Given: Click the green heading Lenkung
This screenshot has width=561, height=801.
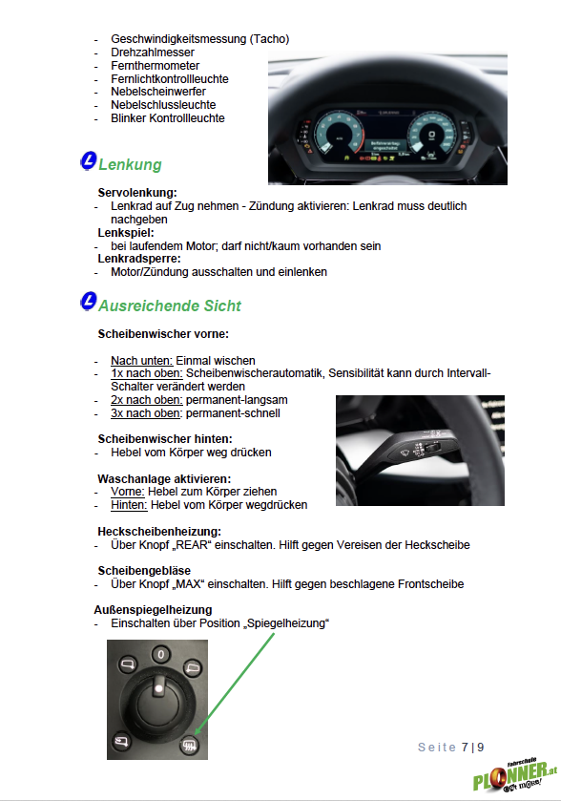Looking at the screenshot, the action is [130, 164].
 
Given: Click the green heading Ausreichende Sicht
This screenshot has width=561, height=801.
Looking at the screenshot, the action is [170, 306].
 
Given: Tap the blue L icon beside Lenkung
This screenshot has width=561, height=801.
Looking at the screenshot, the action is [89, 161].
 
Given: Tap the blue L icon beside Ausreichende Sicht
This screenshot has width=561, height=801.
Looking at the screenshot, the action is [89, 301].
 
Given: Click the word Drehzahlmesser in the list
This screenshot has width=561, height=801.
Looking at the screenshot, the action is [153, 53].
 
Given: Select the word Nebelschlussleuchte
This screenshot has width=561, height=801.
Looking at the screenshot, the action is [163, 105].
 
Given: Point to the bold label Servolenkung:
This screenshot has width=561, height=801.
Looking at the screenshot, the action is [137, 193].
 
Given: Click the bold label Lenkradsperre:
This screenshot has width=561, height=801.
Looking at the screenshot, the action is [139, 259].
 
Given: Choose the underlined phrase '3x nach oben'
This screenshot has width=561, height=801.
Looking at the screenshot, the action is [145, 413].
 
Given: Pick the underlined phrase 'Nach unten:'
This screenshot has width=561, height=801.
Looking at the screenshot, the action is [142, 361].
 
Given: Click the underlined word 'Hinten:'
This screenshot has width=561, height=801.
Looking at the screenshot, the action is [129, 505].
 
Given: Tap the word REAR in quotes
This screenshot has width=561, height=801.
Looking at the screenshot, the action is [193, 545].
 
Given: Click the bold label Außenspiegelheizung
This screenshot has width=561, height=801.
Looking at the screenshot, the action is [153, 610].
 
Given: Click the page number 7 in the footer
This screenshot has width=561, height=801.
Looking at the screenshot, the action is [465, 747].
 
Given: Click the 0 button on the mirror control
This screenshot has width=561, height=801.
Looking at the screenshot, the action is [161, 654].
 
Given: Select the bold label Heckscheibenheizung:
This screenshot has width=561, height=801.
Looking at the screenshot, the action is [159, 531].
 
